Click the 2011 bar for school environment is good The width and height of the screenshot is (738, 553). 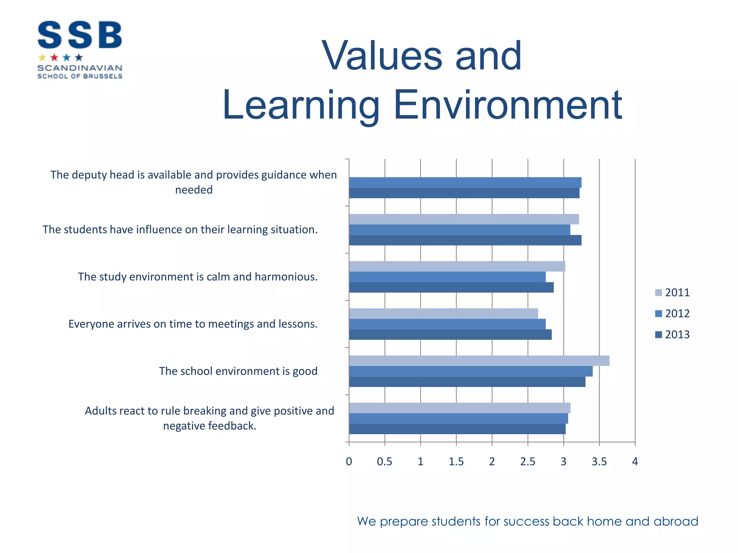tap(479, 361)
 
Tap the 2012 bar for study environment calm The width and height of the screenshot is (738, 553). tap(447, 277)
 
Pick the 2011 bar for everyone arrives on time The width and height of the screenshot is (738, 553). tap(443, 314)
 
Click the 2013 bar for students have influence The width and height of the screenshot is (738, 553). tap(465, 240)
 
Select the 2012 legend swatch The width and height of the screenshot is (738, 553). tap(658, 314)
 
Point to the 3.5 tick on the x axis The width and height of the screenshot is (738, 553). tap(599, 462)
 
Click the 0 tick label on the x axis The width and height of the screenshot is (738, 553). tap(349, 462)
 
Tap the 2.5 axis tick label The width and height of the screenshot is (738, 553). tap(528, 462)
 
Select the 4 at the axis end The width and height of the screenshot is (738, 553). tap(635, 462)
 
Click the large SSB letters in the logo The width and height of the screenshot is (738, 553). tap(80, 35)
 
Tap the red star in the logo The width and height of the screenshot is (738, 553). tap(54, 57)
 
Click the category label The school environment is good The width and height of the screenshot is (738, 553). tap(238, 371)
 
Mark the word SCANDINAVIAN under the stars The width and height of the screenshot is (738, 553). tap(80, 68)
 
